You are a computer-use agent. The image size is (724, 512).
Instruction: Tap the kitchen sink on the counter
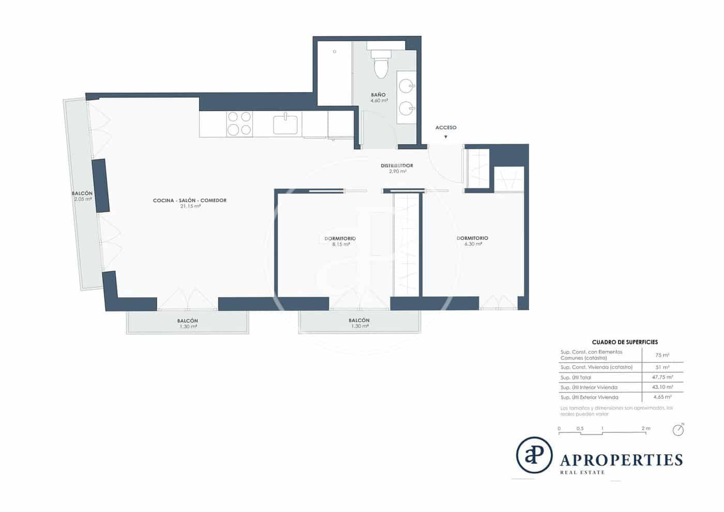pos(285,125)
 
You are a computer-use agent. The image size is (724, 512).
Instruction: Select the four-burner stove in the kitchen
pos(239,124)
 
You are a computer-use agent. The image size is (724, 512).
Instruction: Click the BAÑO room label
pos(378,95)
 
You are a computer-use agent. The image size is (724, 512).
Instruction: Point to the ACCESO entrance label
pos(445,128)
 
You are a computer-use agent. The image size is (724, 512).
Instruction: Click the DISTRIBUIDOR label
pos(397,166)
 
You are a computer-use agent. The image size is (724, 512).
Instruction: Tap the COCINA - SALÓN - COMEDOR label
pos(189,201)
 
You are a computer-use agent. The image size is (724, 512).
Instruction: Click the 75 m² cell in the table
pos(662,355)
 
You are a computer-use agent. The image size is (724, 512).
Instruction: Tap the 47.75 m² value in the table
pos(662,378)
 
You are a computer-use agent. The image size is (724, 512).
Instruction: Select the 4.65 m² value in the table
pos(662,397)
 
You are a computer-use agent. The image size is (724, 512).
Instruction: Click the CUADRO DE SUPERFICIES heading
pos(625,342)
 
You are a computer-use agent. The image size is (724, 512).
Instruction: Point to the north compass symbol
pos(678,430)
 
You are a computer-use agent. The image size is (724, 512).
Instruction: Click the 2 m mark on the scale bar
pos(645,429)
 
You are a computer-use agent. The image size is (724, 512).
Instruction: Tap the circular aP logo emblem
pos(534,455)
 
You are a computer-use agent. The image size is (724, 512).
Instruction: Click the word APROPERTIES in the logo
pos(621,460)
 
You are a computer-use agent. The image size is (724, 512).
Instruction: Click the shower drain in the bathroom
pos(335,52)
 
